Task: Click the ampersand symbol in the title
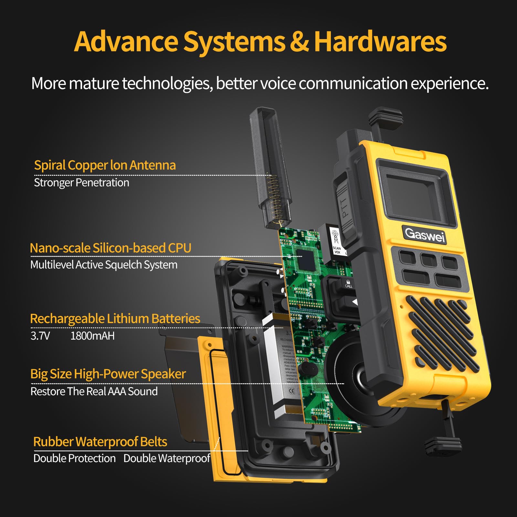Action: pos(299,42)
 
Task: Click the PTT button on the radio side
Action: pos(344,207)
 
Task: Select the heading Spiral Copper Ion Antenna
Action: pos(105,165)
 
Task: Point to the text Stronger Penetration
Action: pos(81,183)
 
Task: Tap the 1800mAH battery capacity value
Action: pos(92,336)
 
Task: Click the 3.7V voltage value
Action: pos(40,336)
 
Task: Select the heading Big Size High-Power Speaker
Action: pos(108,374)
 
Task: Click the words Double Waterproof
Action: pos(167,458)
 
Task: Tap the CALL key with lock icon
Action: pos(348,284)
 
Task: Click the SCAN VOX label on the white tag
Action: pos(337,250)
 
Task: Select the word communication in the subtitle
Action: pos(353,83)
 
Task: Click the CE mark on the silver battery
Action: pos(291,391)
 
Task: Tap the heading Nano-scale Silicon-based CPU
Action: pos(111,248)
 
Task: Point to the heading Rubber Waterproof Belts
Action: pos(100,442)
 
